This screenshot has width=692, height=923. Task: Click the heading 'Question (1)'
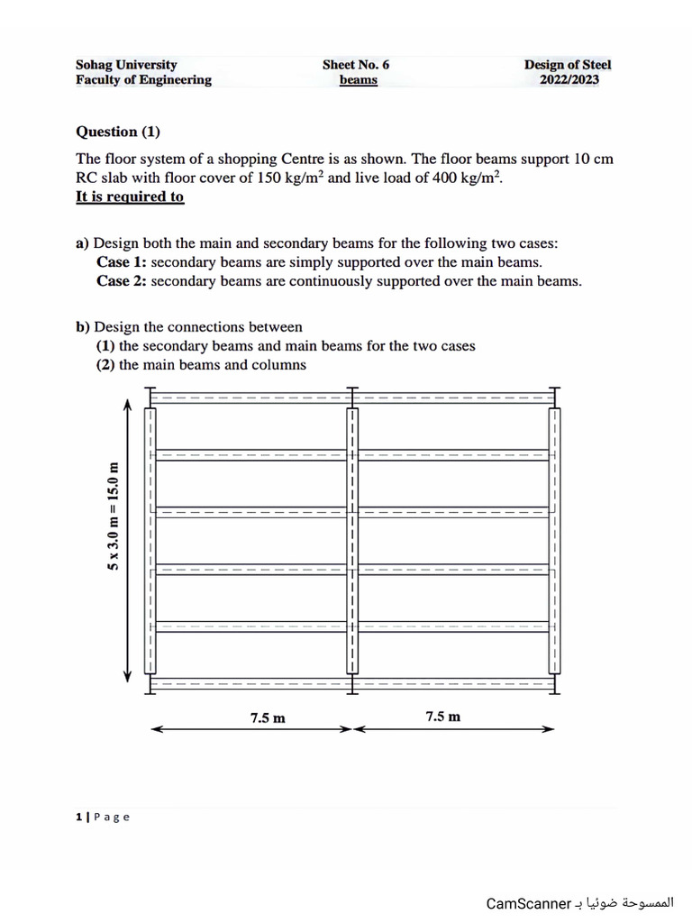(118, 132)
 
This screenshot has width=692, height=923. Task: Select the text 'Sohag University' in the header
(126, 65)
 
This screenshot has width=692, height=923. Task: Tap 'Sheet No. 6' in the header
(356, 65)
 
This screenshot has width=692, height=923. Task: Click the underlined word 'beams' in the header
(358, 80)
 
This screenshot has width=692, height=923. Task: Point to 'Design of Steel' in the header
(568, 65)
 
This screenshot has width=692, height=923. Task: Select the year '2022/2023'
(569, 79)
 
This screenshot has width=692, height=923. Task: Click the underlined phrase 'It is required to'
(130, 196)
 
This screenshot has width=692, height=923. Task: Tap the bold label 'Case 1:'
(122, 262)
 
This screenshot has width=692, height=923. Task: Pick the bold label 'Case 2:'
(122, 281)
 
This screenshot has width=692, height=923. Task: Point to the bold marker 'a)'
(83, 243)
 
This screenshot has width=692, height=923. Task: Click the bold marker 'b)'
(83, 327)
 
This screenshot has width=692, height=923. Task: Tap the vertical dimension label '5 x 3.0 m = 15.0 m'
(114, 516)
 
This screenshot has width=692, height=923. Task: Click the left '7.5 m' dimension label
(268, 718)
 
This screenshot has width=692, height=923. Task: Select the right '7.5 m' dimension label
(442, 717)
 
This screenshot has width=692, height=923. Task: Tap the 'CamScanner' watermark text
(528, 903)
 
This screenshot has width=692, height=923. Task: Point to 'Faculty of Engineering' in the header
(143, 79)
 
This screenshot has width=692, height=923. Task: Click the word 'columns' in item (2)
(278, 365)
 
